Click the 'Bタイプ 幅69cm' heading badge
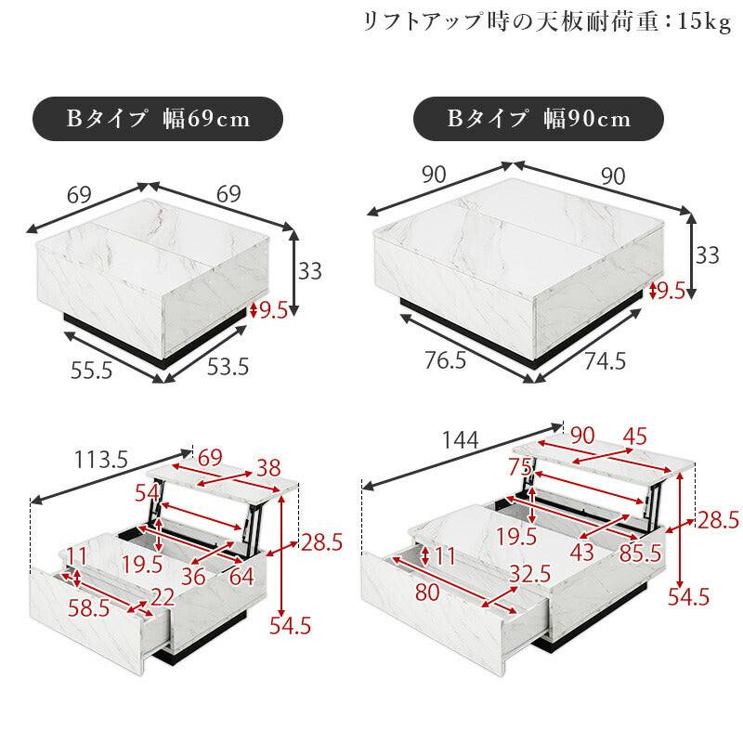(x=158, y=119)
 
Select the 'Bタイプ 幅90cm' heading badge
(x=539, y=119)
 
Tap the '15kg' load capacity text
(x=704, y=21)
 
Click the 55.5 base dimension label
(x=91, y=370)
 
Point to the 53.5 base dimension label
(x=228, y=367)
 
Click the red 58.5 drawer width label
(x=88, y=608)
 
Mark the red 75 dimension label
(x=519, y=465)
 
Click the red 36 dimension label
(x=194, y=577)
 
